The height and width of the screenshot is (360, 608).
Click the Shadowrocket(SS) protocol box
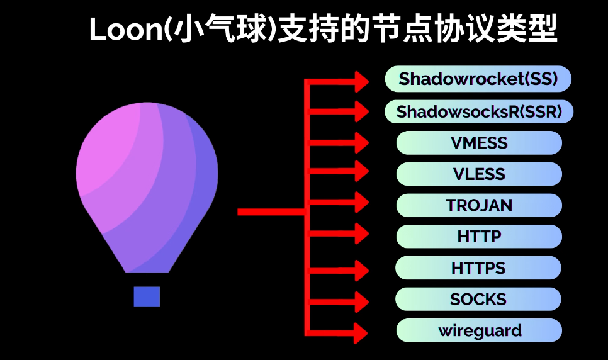478,79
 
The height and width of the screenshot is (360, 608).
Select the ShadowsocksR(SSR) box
479,112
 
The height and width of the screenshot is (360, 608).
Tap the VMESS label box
479,143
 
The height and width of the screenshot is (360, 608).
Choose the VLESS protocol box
479,174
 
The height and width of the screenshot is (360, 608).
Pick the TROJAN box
479,205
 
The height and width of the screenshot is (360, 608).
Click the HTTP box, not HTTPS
479,236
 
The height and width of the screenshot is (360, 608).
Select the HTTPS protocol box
478,267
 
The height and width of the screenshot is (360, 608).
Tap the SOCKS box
478,299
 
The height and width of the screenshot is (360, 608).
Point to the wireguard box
479,330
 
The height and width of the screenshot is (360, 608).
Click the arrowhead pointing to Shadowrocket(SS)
362,82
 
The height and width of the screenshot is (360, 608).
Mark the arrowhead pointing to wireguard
361,333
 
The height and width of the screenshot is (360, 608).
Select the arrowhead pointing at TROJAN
362,202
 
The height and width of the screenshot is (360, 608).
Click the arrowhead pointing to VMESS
362,143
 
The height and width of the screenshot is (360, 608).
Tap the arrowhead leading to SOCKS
362,302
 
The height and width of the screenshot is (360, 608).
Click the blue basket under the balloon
147,297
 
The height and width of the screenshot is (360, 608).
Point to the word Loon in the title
126,30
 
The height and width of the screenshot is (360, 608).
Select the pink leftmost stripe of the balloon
104,155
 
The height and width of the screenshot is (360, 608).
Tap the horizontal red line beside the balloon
272,212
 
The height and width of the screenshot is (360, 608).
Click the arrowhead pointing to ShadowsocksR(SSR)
362,112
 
